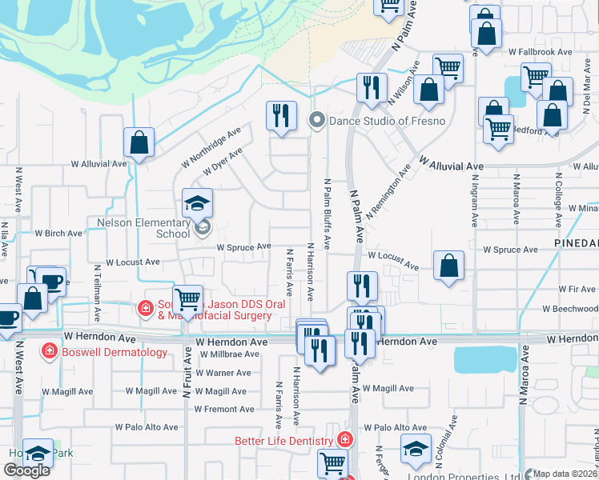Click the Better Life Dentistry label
[284, 441]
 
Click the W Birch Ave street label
[58, 234]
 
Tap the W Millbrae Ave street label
[229, 354]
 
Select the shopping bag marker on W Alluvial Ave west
[139, 143]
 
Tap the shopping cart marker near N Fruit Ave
[187, 301]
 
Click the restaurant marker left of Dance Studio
[281, 116]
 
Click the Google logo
[27, 470]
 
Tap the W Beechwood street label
[570, 309]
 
